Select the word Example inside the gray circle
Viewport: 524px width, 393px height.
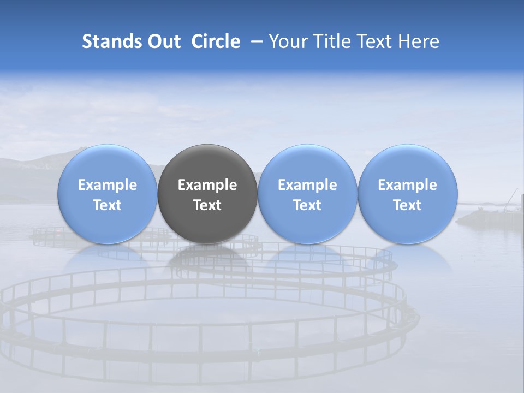(x=207, y=185)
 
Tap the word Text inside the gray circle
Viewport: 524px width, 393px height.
(x=207, y=205)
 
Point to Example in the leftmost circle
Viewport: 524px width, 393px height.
(x=108, y=185)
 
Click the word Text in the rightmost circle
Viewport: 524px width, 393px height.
(x=408, y=205)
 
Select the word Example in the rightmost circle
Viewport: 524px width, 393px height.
(x=408, y=185)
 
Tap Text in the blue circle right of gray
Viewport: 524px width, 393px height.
(x=307, y=205)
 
